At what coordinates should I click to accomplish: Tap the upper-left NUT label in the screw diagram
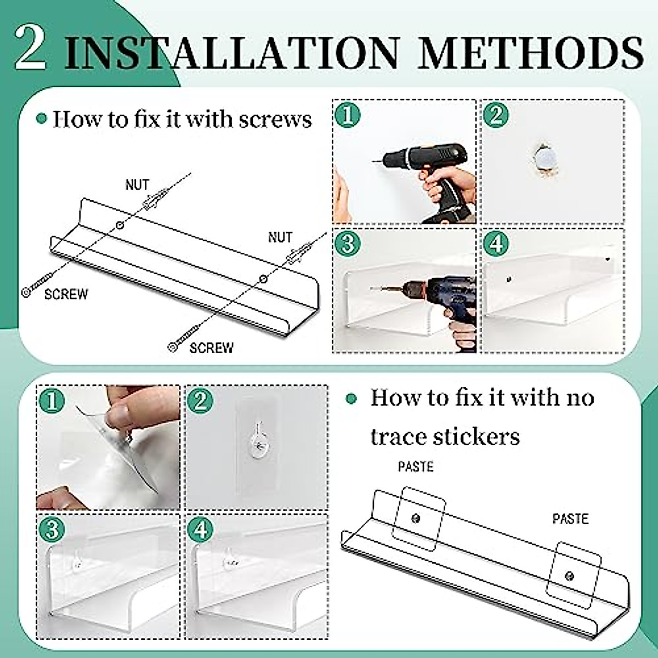[137, 185]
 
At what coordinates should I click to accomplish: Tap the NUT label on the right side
[280, 237]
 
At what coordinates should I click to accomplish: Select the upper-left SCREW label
[66, 294]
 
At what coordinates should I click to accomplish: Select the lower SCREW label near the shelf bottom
[211, 348]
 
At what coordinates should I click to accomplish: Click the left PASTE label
[415, 467]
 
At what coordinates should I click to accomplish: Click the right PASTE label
[570, 519]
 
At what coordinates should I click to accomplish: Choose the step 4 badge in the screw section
[496, 243]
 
